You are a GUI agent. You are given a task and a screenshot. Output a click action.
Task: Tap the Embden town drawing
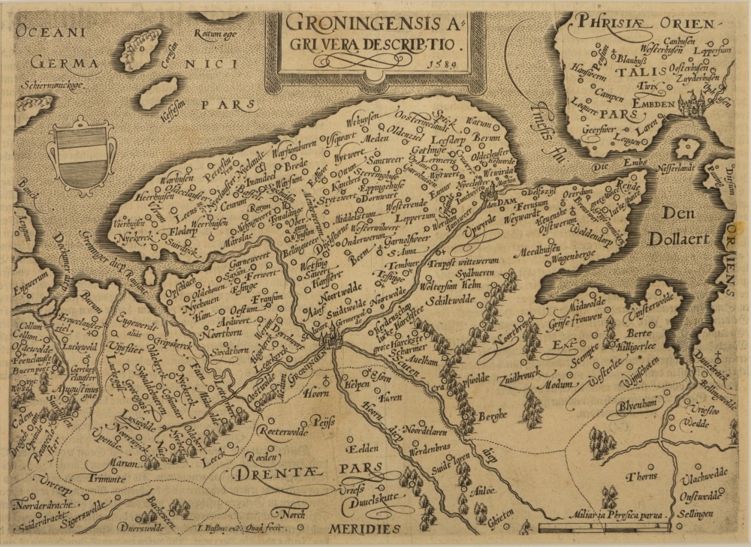[x=692, y=105]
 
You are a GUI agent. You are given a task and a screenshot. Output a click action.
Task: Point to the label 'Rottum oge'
[x=215, y=35]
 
